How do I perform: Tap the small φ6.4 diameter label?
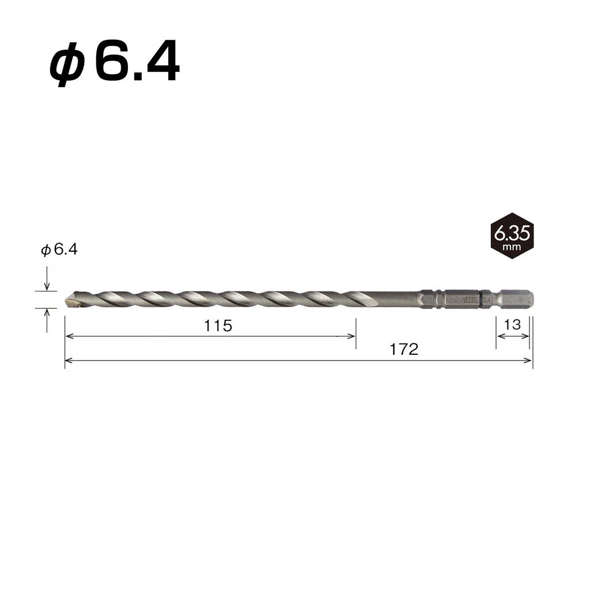click(59, 249)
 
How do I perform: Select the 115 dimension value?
click(218, 326)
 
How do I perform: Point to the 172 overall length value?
click(404, 350)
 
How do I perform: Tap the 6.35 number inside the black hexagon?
click(512, 233)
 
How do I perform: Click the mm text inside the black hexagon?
click(512, 247)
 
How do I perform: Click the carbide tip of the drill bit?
click(71, 300)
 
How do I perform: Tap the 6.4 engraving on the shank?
click(486, 300)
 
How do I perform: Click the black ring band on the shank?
click(481, 300)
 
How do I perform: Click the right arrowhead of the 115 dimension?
click(352, 336)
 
